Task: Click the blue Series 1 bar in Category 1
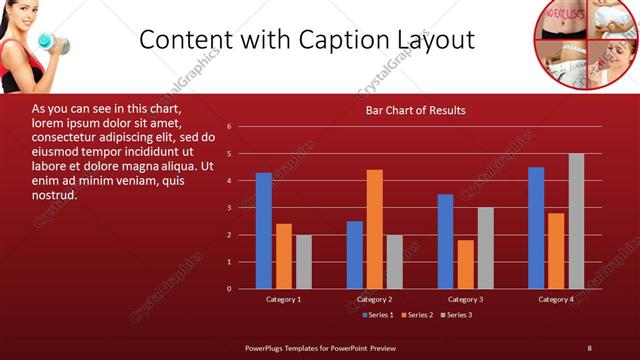pyautogui.click(x=263, y=231)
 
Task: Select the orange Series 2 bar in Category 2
pyautogui.click(x=374, y=229)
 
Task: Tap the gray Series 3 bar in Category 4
pyautogui.click(x=576, y=221)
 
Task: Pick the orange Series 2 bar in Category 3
pyautogui.click(x=465, y=264)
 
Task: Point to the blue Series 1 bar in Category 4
pyautogui.click(x=536, y=228)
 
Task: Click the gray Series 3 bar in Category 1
pyautogui.click(x=303, y=262)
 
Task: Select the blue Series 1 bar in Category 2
pyautogui.click(x=355, y=255)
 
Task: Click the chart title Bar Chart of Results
pyautogui.click(x=415, y=110)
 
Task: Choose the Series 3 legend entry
pyautogui.click(x=456, y=315)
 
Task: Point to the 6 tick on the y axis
pyautogui.click(x=230, y=127)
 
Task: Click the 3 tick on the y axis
pyautogui.click(x=230, y=208)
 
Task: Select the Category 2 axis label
pyautogui.click(x=374, y=299)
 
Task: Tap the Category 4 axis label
pyautogui.click(x=556, y=299)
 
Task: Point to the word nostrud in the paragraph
pyautogui.click(x=54, y=194)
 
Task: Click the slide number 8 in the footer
pyautogui.click(x=589, y=347)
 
